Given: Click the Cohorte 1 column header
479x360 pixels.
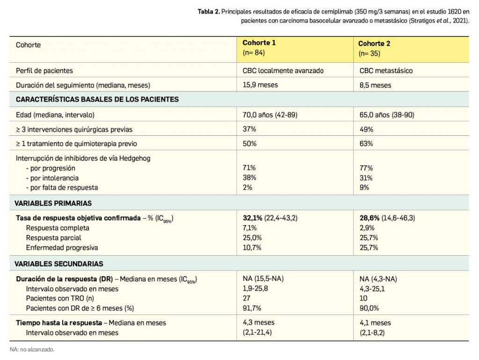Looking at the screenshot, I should pos(259,43).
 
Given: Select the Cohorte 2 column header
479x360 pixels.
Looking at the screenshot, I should pos(374,44).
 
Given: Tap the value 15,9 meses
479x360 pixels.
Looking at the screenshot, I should pos(260,85).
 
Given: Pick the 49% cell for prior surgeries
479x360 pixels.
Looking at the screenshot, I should pos(366,129).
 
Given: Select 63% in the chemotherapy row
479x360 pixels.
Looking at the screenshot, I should pos(366,144).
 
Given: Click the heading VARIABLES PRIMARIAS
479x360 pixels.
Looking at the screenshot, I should pos(54,203).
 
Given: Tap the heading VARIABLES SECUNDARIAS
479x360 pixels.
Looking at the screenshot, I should pos(59,264).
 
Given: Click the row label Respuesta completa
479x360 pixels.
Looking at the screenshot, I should pos(58,228).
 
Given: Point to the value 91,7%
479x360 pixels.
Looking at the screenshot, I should pos(252,308).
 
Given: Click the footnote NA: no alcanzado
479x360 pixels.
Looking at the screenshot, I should pos(32,349).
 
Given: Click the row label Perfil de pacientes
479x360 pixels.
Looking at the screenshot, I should pos(44,71).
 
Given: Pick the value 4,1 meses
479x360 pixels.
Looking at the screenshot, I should pos(375,323).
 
